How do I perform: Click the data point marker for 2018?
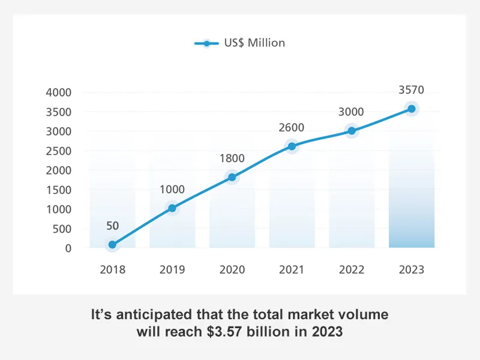[x=112, y=245]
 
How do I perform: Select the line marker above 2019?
[x=172, y=208]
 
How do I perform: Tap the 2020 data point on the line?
[x=232, y=177]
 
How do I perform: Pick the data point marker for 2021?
[x=292, y=146]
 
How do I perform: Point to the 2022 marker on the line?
[x=352, y=131]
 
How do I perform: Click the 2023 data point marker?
[x=412, y=109]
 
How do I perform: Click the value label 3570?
[x=412, y=91]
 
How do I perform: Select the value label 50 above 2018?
[x=112, y=226]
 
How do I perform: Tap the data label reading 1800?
[x=232, y=159]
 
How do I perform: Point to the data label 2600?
[x=292, y=128]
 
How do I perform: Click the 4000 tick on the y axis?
[x=58, y=92]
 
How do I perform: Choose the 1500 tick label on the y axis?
[x=58, y=190]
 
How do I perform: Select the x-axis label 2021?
[x=292, y=269]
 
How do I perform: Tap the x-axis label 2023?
[x=412, y=269]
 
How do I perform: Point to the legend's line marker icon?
[x=208, y=43]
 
